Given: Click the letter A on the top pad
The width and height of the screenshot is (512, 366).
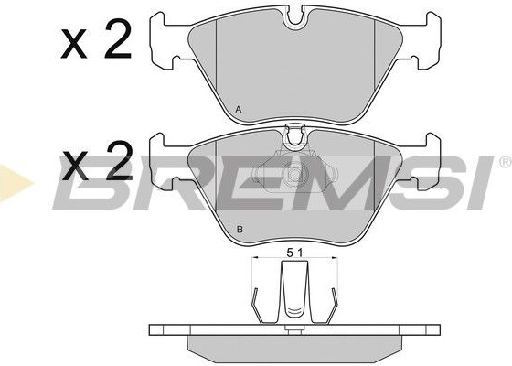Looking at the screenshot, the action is (x=239, y=110).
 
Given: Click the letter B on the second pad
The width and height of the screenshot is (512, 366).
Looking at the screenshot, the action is (x=240, y=230).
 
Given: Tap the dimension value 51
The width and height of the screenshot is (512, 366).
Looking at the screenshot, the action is (x=294, y=253).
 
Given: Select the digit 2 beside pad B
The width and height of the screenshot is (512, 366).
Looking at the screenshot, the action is (x=119, y=161).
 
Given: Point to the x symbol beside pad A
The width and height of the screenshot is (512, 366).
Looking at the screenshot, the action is (x=74, y=44).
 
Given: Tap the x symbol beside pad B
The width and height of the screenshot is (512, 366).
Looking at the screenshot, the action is (x=75, y=166).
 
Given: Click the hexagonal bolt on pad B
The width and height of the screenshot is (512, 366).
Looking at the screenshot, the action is (x=294, y=172).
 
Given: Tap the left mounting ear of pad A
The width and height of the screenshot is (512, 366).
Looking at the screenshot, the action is (x=165, y=41).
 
